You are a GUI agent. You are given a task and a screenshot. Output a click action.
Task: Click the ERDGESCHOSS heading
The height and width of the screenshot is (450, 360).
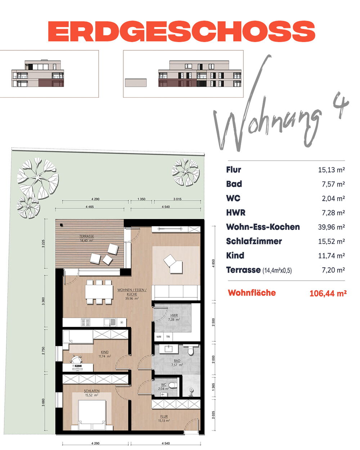(x=181, y=31)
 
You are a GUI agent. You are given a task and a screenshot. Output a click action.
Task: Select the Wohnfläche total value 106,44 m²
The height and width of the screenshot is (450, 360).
(x=328, y=293)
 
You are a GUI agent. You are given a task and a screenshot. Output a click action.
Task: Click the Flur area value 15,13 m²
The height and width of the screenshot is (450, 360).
(x=331, y=170)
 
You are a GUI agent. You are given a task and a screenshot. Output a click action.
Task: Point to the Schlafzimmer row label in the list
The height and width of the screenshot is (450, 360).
(x=254, y=241)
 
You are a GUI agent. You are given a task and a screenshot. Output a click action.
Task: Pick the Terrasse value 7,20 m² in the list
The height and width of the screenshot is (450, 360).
(x=333, y=270)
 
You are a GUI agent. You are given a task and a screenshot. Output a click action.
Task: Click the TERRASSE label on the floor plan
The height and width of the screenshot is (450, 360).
(x=86, y=236)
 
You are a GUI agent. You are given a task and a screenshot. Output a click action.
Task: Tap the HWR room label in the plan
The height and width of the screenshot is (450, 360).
(x=174, y=315)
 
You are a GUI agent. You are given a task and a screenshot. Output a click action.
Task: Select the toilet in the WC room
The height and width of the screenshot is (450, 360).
(x=172, y=385)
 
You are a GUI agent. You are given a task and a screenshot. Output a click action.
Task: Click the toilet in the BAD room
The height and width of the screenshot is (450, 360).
(x=190, y=351)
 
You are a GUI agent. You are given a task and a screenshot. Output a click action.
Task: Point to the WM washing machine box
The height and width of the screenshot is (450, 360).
(x=159, y=337)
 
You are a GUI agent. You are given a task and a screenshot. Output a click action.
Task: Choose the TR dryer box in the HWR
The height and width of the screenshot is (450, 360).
(x=168, y=337)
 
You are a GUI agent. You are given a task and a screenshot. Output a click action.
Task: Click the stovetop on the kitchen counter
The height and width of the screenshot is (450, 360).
(x=86, y=322)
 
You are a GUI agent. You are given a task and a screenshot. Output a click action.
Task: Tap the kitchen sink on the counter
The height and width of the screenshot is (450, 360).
(x=110, y=322)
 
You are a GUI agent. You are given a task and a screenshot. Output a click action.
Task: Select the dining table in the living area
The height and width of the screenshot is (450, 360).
(x=99, y=292)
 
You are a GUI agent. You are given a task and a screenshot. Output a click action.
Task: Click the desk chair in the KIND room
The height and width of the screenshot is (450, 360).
(x=76, y=359)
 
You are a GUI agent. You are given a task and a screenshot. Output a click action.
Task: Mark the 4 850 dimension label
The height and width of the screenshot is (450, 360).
(x=213, y=264)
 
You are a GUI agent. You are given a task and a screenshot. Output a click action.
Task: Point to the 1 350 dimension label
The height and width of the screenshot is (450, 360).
(x=141, y=199)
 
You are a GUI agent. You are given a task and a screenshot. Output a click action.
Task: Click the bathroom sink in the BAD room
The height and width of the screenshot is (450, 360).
(x=168, y=349)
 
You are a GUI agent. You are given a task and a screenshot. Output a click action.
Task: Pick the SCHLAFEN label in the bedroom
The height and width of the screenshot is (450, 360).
(x=92, y=391)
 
